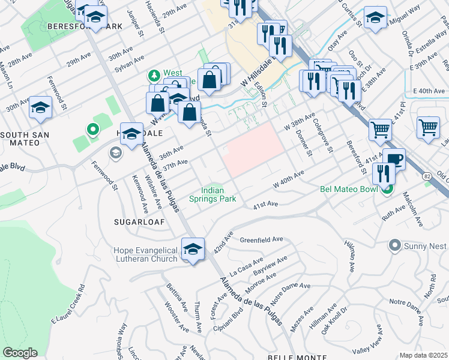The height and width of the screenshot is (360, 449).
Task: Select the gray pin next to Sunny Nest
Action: pyautogui.click(x=394, y=245)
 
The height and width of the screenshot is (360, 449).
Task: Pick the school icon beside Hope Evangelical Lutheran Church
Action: pyautogui.click(x=193, y=249)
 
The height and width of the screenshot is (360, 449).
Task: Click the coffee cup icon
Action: pyautogui.click(x=394, y=160)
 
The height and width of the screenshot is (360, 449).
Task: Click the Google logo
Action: pyautogui.click(x=20, y=352)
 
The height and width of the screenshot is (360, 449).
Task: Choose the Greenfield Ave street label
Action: pyautogui.click(x=261, y=239)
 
